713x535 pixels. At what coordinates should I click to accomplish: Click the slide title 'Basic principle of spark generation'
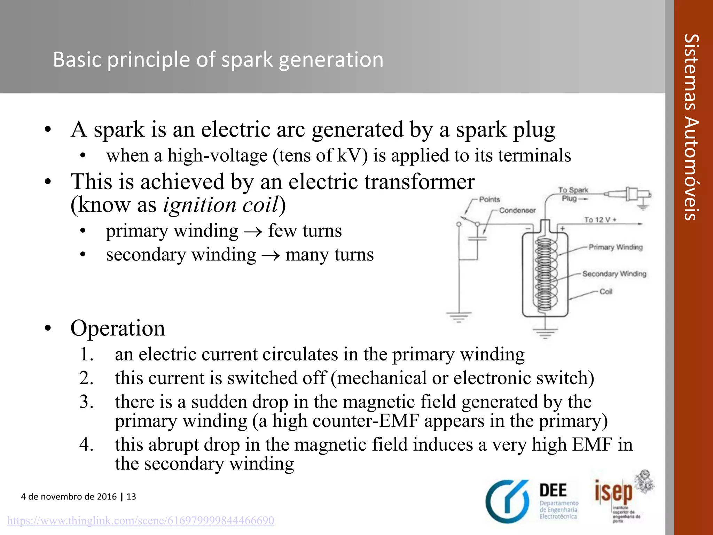click(218, 59)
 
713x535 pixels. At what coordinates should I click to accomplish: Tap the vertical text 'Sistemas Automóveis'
click(691, 127)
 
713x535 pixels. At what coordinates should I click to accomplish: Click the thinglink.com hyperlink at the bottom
click(141, 520)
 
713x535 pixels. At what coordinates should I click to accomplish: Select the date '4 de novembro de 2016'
click(69, 496)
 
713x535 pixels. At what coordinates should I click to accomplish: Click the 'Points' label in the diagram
click(489, 199)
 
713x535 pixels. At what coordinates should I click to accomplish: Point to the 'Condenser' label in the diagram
click(517, 210)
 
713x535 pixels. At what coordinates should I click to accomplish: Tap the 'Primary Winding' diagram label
click(616, 247)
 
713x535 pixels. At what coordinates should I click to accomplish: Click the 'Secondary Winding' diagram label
click(614, 274)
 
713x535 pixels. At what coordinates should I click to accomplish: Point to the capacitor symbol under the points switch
click(477, 239)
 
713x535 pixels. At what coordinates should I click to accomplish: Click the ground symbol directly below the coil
click(545, 333)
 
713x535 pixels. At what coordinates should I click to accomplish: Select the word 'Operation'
click(118, 328)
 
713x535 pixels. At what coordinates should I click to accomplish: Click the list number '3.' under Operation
click(86, 402)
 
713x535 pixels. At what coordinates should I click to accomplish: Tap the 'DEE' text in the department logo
click(553, 490)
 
